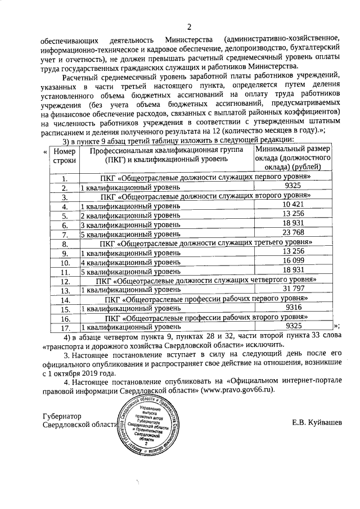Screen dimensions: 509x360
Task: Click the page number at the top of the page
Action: coord(189,26)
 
